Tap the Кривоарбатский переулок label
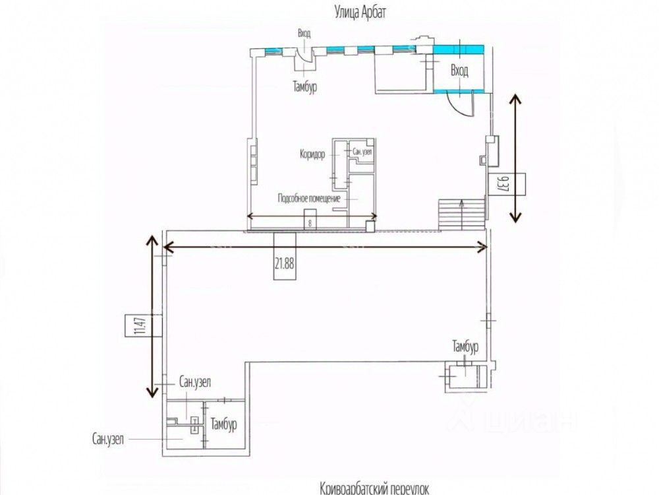tap(374, 488)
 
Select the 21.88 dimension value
tap(285, 263)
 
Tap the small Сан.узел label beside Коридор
tap(362, 152)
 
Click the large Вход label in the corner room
tap(459, 72)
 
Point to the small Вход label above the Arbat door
tap(304, 33)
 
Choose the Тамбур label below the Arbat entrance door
tap(304, 86)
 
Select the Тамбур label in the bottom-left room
tap(223, 425)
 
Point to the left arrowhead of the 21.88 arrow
tap(167, 247)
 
